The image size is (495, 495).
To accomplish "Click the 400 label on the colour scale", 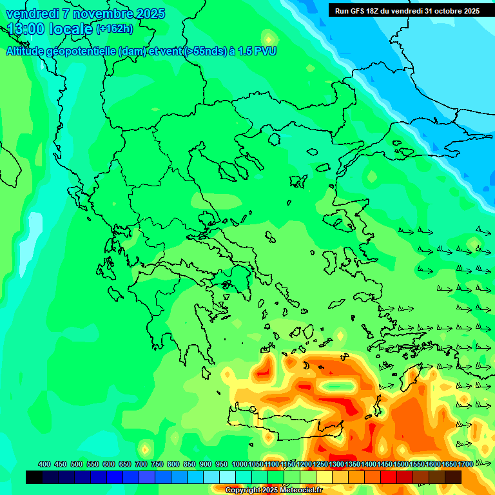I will [x=44, y=464].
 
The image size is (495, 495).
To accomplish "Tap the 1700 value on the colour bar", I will [x=465, y=464].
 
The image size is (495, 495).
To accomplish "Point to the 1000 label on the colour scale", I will [x=240, y=464].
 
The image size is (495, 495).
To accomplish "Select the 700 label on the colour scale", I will [x=141, y=464].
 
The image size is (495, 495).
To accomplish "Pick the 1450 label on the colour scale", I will [x=385, y=464].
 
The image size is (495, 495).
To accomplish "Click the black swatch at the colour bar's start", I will [x=34, y=477].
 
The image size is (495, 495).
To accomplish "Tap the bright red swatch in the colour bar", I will [x=389, y=477].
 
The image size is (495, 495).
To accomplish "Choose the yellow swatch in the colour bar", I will [x=324, y=477].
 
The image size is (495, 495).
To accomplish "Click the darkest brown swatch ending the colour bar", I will [x=453, y=477].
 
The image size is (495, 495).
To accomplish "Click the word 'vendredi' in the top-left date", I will [x=32, y=14].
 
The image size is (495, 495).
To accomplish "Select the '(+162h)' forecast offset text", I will [x=115, y=29].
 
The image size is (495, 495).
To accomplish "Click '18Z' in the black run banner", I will [x=375, y=11].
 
